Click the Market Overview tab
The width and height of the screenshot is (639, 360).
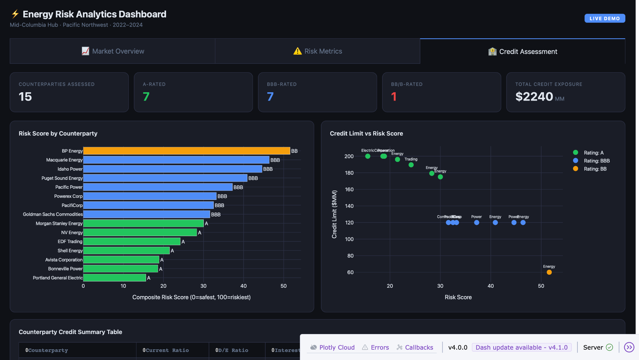click(112, 51)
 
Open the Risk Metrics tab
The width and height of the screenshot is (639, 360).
click(318, 51)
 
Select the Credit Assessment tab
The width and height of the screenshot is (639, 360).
click(523, 52)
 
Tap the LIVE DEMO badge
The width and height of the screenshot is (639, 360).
click(604, 19)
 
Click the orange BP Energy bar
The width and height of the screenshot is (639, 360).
click(186, 151)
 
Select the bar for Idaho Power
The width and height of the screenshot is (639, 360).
click(172, 169)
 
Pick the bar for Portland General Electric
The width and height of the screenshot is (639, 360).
click(114, 278)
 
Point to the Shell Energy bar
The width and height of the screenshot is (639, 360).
click(126, 250)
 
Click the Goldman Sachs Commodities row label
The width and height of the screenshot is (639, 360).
click(53, 214)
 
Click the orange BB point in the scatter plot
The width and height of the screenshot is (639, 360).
click(549, 272)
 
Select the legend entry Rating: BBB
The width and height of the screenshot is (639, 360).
click(596, 161)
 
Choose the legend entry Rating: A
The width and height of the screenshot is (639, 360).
click(593, 153)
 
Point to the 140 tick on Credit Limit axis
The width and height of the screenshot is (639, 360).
click(349, 206)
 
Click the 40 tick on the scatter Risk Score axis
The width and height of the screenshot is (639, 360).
click(491, 286)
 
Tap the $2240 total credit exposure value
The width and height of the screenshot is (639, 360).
click(534, 97)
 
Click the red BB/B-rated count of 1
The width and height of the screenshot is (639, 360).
click(394, 97)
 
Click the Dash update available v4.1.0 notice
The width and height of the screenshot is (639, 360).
click(521, 347)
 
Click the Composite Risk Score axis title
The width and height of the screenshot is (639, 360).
click(191, 297)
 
